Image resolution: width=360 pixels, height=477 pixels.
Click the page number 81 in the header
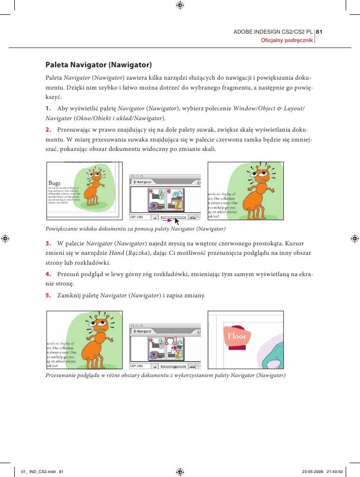[x=319, y=33]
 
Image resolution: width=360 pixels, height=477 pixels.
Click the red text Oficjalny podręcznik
[x=287, y=41]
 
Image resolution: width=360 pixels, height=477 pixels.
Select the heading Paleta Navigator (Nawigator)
[x=98, y=65]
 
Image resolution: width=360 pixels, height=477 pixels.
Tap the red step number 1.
[x=48, y=108]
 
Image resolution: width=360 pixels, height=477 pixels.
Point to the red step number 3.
[x=48, y=244]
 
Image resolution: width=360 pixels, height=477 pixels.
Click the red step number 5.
[x=48, y=296]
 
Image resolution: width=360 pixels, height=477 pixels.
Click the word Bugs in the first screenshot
[x=54, y=183]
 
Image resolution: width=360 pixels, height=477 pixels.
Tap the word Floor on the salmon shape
[x=236, y=336]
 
